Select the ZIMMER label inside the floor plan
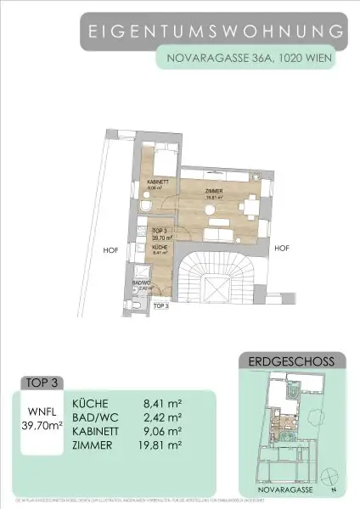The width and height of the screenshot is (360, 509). point(214,192)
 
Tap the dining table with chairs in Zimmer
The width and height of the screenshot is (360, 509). point(250,206)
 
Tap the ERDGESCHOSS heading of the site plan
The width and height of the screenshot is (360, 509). point(288,361)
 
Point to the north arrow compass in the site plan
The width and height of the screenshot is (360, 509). point(334,490)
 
